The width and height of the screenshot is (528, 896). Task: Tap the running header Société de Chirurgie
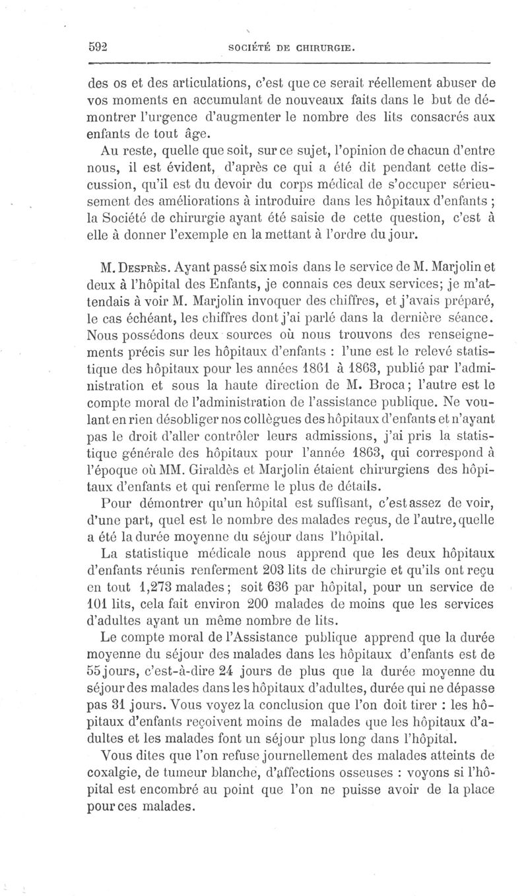pos(292,47)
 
